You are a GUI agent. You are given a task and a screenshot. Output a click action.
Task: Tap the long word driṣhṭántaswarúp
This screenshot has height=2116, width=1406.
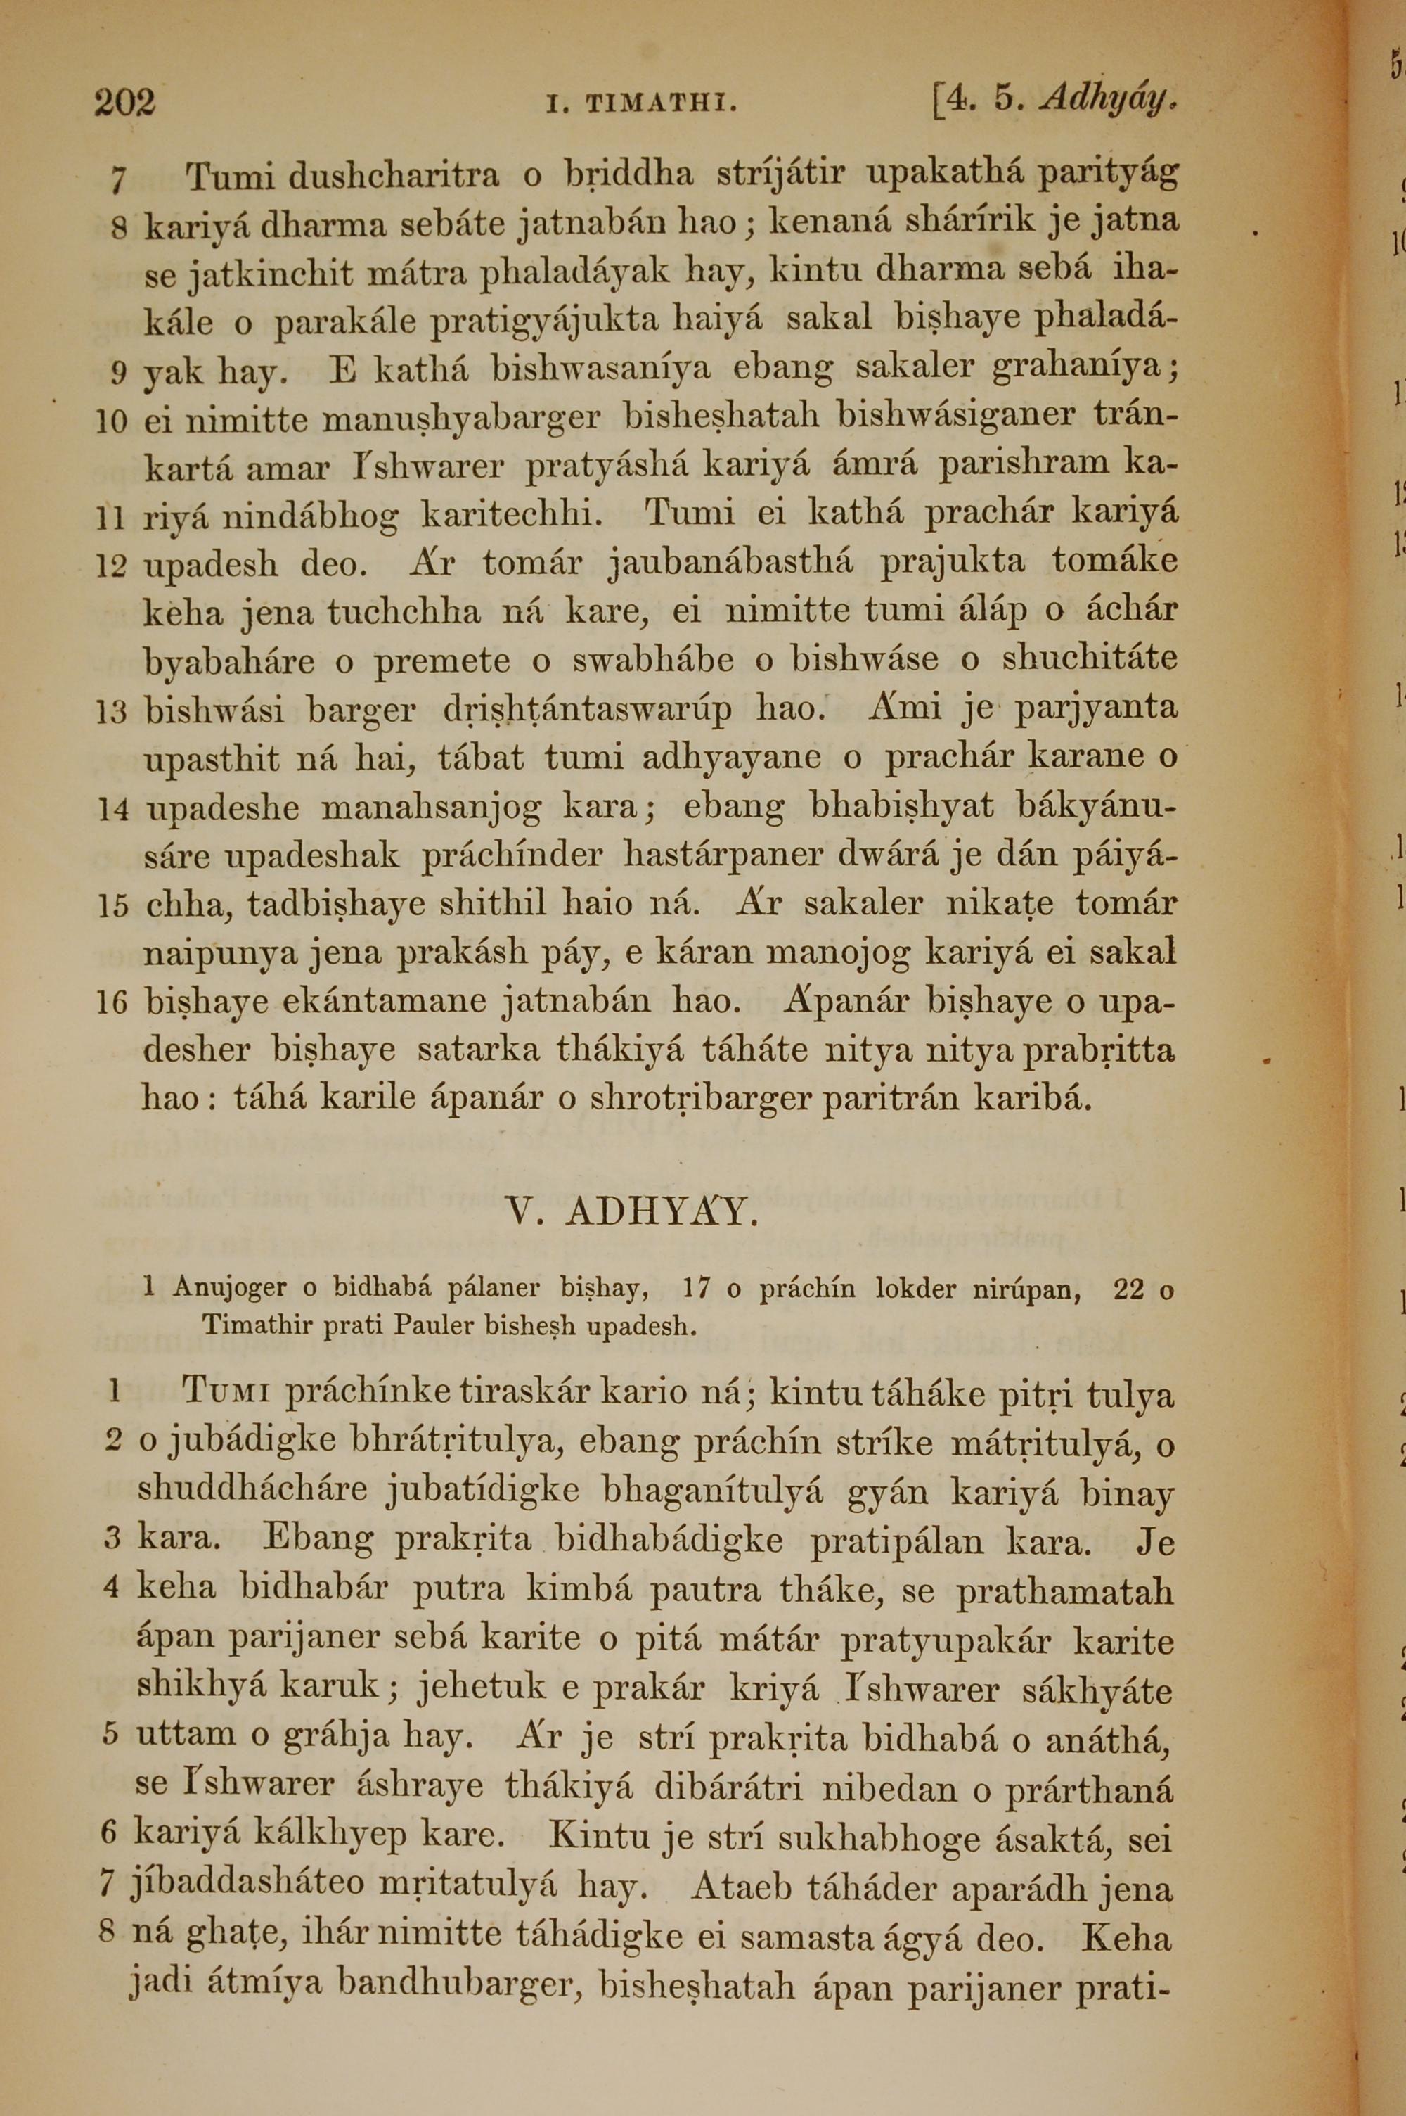click(x=588, y=711)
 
